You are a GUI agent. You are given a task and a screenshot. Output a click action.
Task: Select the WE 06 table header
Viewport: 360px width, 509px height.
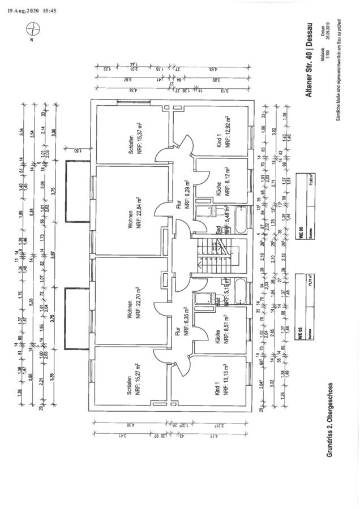click(300, 234)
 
